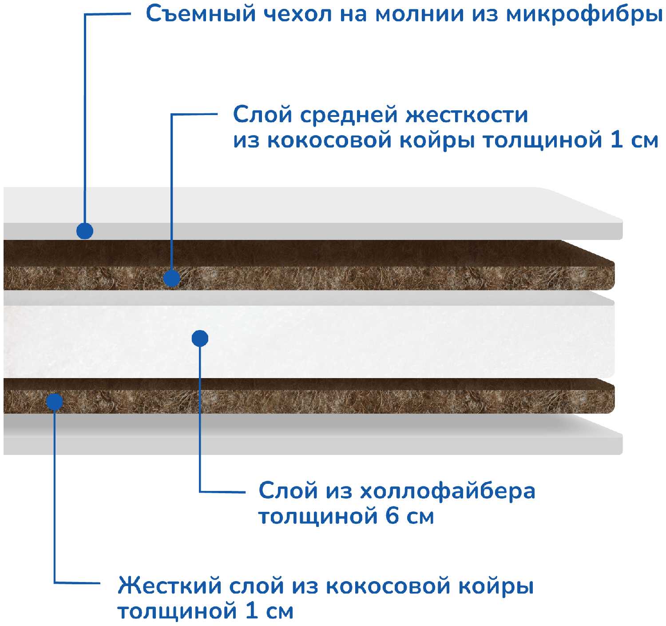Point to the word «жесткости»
[x=467, y=115]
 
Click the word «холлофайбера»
[x=448, y=491]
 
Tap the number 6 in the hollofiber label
[x=392, y=517]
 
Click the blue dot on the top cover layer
[x=84, y=231]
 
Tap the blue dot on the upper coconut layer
[x=171, y=278]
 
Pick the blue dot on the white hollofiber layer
[x=200, y=339]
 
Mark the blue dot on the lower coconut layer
[x=55, y=401]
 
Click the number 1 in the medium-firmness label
[x=616, y=140]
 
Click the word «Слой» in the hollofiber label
[x=288, y=491]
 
